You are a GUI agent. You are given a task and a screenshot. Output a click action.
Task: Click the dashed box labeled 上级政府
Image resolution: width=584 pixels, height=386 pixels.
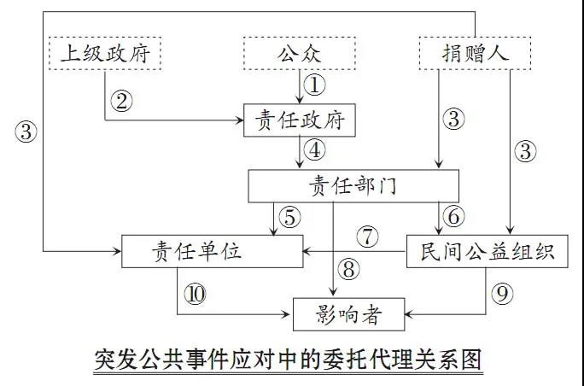coord(106,54)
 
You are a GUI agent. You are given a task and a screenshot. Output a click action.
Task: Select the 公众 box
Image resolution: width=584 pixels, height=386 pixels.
coord(298,54)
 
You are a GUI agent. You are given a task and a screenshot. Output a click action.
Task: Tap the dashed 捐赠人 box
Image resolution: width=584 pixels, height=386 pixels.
coord(475,54)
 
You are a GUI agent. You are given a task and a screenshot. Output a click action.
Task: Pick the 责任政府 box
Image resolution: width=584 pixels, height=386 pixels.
coord(298,120)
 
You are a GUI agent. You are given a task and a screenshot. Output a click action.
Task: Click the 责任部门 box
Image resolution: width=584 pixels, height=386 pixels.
coord(353,185)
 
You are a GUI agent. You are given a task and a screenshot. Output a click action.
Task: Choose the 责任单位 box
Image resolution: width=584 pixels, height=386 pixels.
coord(212,250)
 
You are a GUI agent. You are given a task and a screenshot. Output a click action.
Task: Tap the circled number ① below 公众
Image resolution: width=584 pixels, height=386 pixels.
coord(316,85)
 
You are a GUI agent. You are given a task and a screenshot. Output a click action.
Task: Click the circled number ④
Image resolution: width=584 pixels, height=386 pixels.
coord(316,151)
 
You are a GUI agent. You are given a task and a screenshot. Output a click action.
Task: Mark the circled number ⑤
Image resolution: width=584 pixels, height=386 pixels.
coord(291,217)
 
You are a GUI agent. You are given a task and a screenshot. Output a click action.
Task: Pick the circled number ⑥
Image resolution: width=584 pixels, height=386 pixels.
coord(453,217)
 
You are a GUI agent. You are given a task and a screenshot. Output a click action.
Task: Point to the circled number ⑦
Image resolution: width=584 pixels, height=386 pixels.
coord(367,237)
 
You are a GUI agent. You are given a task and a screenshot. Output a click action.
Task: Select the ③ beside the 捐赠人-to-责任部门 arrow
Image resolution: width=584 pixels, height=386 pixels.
coord(453,119)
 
